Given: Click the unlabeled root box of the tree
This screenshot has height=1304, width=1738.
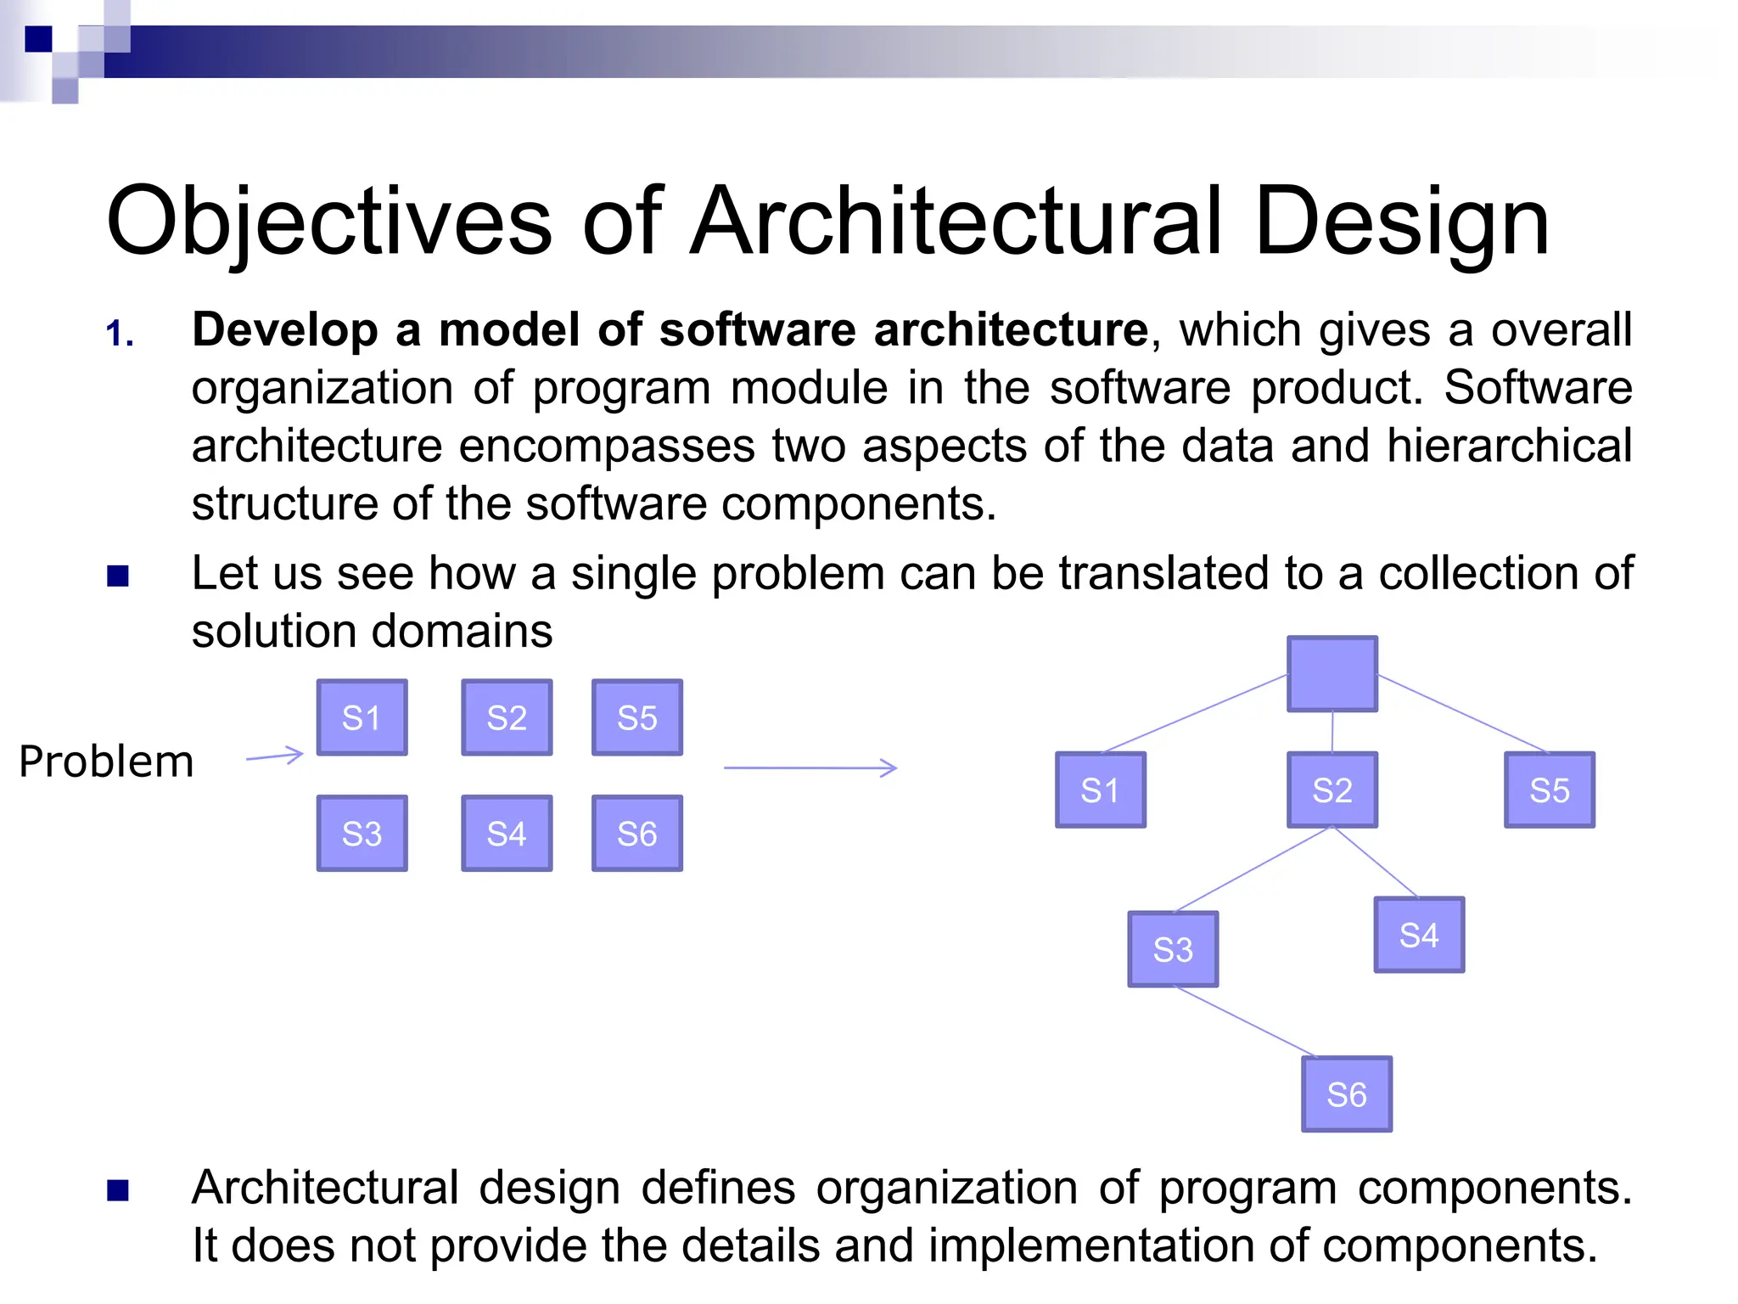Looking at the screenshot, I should tap(1332, 674).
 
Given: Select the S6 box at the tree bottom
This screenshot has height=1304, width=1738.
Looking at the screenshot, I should tap(1347, 1094).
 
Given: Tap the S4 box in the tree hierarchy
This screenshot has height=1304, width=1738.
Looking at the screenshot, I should tap(1419, 935).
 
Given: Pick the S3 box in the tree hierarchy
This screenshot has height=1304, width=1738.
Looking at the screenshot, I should tap(1173, 949).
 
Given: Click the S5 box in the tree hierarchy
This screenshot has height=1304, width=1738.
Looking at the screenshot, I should tap(1550, 790).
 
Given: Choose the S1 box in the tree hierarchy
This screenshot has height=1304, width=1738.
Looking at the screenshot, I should tap(1101, 790).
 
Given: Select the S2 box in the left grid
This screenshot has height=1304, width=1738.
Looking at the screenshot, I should tap(507, 717).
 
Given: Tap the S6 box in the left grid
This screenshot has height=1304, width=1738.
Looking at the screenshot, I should tap(637, 834).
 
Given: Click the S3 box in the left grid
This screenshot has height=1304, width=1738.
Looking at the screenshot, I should tap(362, 834).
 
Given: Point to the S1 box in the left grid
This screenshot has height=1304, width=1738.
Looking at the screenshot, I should tap(362, 717).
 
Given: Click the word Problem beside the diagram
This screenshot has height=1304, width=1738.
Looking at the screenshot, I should tap(106, 762).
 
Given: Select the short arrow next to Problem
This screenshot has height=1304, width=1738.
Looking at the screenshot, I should tap(275, 756).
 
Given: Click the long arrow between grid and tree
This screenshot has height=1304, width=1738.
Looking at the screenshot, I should tap(810, 767).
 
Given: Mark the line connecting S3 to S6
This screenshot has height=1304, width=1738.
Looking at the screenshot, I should tap(1243, 1021).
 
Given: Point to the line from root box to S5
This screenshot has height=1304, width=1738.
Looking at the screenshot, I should tap(1461, 713).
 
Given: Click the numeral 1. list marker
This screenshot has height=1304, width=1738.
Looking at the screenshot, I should tap(120, 334).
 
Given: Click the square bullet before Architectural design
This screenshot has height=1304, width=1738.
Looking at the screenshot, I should tap(118, 1191).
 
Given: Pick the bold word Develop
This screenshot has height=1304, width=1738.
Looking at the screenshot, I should tap(285, 329).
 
